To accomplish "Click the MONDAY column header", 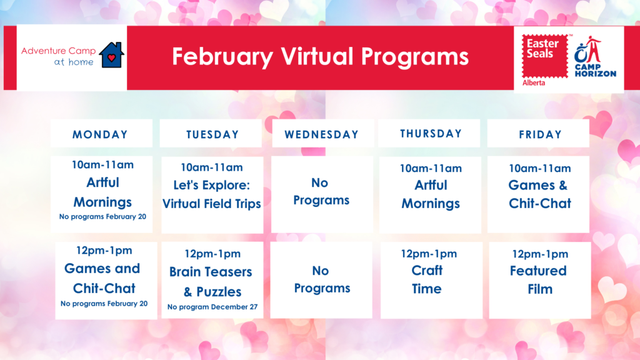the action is (101, 134).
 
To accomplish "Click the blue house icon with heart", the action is (111, 55).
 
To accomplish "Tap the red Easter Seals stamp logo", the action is (545, 56).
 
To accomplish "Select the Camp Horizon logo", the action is (595, 57).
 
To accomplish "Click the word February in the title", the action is (222, 57).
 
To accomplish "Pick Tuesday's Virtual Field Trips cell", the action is (212, 195).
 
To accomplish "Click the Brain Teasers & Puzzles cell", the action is (212, 280).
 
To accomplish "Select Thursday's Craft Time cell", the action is (431, 280).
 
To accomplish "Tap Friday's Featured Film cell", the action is (540, 280).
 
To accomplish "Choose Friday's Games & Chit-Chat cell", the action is (538, 194).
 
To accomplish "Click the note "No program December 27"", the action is (212, 307).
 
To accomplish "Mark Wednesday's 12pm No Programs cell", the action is (321, 280).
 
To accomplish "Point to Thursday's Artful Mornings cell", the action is (430, 195).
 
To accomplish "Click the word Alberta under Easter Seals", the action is (534, 83).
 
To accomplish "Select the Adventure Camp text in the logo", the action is (58, 51).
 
